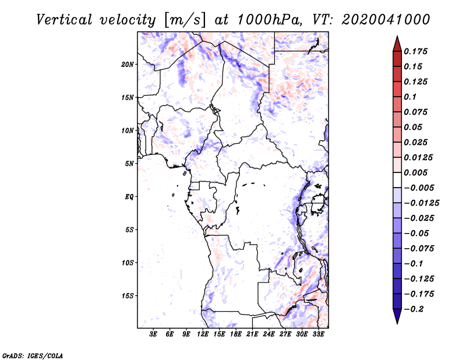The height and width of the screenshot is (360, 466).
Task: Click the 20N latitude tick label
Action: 128,64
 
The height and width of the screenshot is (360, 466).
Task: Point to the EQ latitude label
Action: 129,197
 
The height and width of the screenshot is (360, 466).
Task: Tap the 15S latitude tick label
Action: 128,296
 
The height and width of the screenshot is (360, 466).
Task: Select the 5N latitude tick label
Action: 129,164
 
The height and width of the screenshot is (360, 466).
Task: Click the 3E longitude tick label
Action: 153,334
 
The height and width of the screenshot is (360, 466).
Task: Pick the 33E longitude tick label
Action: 319,334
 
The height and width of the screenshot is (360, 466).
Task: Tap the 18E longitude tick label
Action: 236,334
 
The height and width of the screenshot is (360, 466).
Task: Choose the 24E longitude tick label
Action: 269,334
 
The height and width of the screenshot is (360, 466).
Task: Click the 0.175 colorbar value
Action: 417,51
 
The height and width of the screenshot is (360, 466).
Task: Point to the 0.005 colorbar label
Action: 417,172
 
